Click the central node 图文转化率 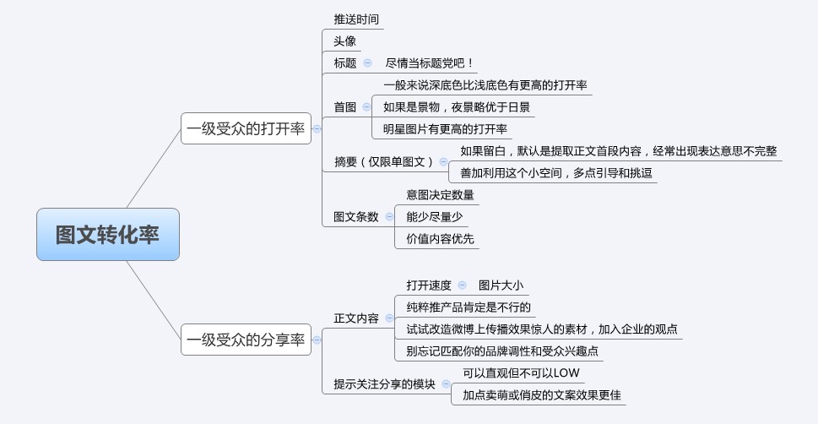(108, 235)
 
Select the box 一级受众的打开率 (246, 128)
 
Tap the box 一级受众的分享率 (246, 340)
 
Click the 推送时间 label (356, 19)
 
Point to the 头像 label (344, 41)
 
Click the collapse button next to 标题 (368, 63)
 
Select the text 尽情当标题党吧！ (430, 63)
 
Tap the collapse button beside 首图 (366, 107)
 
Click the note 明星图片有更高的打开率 (445, 129)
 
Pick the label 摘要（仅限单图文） (384, 162)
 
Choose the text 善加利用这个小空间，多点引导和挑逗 (556, 173)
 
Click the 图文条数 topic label (355, 217)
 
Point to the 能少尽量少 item (435, 217)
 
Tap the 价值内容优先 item (441, 239)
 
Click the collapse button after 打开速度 (463, 285)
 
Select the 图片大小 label (501, 285)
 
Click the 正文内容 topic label (356, 318)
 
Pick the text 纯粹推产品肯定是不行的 (469, 307)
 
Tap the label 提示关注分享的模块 (384, 384)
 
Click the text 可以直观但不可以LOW (521, 372)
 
